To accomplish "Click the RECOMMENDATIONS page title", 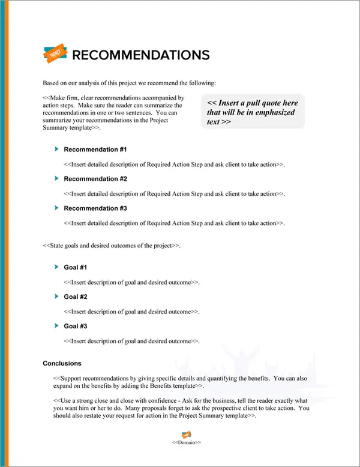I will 140,55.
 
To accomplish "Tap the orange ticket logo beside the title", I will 54,54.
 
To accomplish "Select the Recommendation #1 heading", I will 95,149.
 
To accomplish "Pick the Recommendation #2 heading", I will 95,179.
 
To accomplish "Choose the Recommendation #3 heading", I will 95,208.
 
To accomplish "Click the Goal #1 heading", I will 76,267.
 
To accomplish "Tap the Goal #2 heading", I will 76,297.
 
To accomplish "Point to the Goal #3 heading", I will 76,326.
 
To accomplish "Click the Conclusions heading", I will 62,363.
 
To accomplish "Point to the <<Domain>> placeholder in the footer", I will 187,442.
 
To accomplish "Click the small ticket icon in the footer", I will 187,434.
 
